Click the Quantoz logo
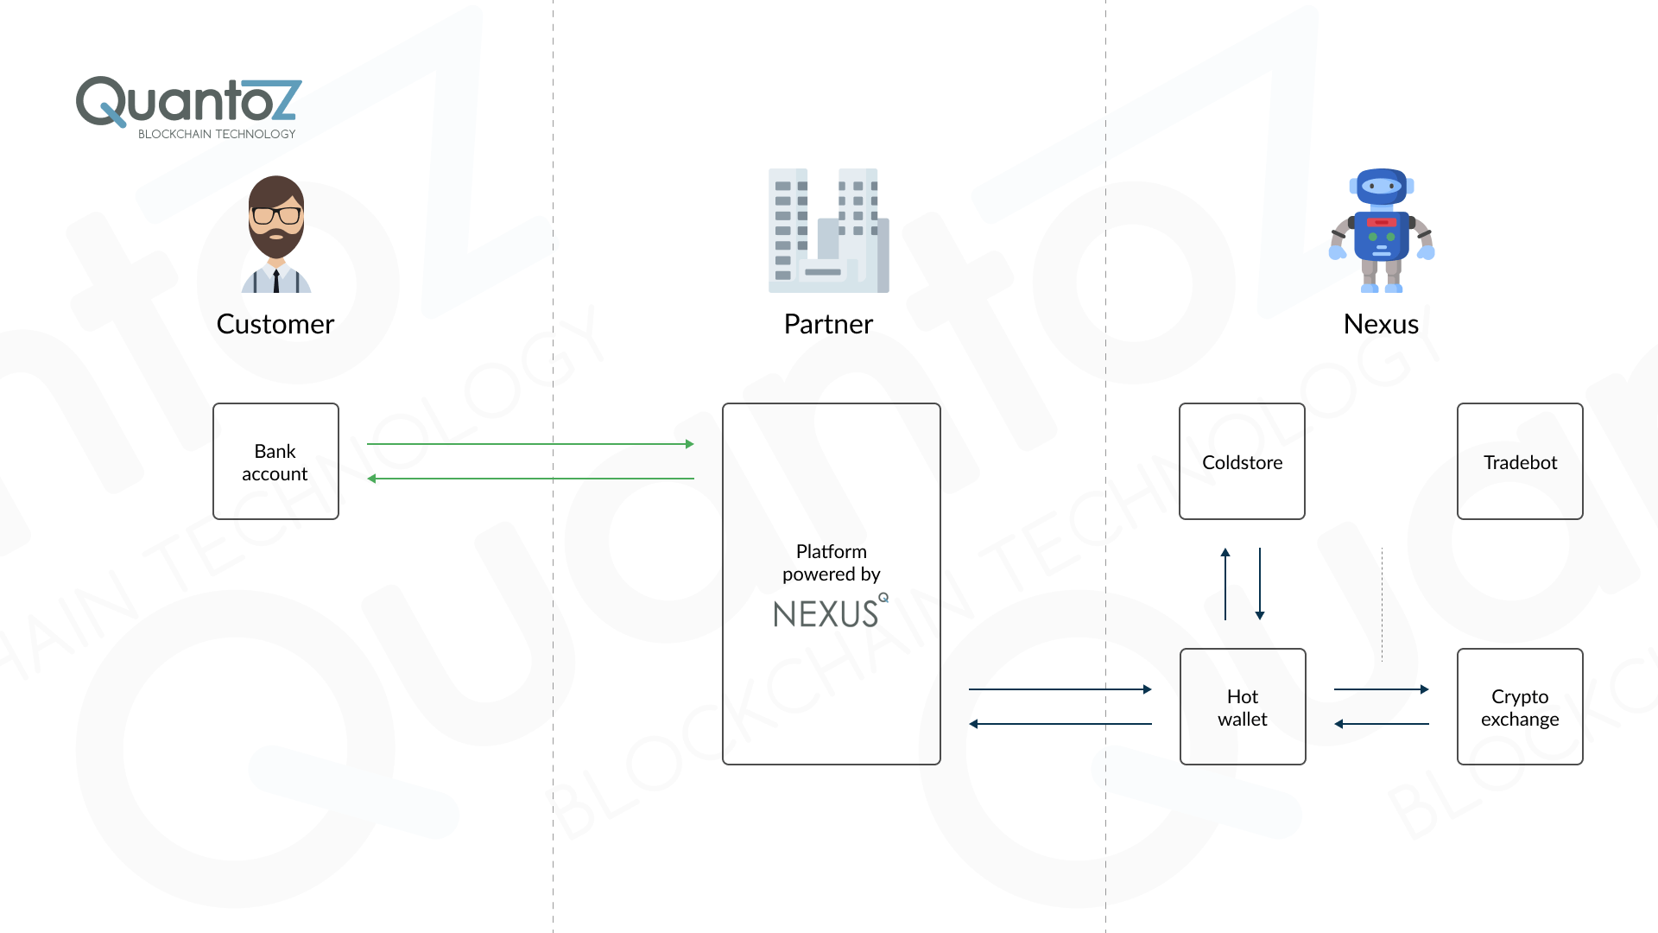coord(188,102)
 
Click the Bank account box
coord(275,461)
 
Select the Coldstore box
coord(1242,461)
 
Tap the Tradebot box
coord(1520,461)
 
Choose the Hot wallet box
coord(1243,707)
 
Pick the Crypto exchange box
coord(1520,707)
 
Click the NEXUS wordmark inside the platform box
coord(826,614)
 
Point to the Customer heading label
coord(275,324)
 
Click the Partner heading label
coord(828,324)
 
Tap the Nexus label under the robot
coord(1381,324)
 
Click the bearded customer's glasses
coord(276,215)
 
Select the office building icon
coord(828,231)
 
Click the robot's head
coord(1382,186)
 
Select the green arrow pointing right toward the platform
coord(530,444)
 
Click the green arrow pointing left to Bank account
coord(530,479)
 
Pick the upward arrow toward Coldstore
coord(1225,584)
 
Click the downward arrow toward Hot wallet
coord(1260,584)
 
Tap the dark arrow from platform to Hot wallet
coord(1060,689)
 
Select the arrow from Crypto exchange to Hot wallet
coord(1382,724)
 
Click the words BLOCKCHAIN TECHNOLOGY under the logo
coord(217,134)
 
